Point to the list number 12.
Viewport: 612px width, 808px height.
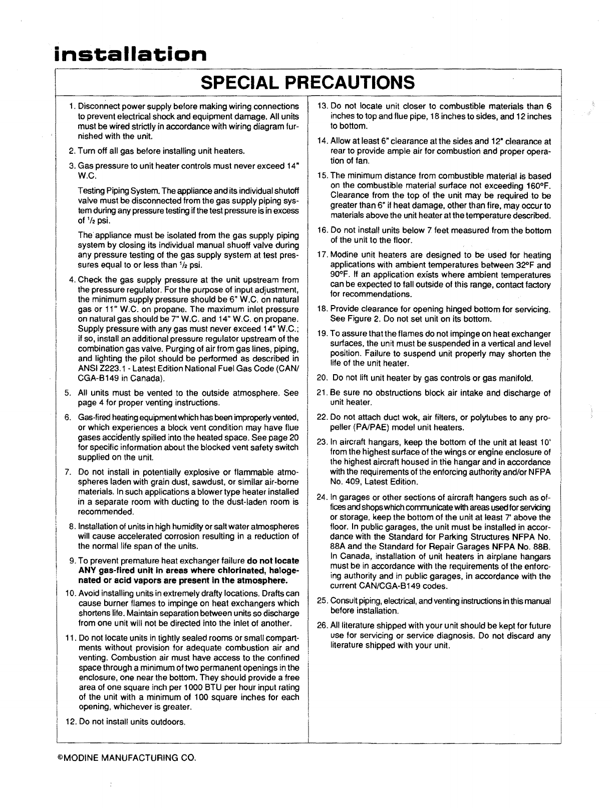70,722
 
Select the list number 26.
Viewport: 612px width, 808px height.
322,626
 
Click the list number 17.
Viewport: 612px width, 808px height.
322,255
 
